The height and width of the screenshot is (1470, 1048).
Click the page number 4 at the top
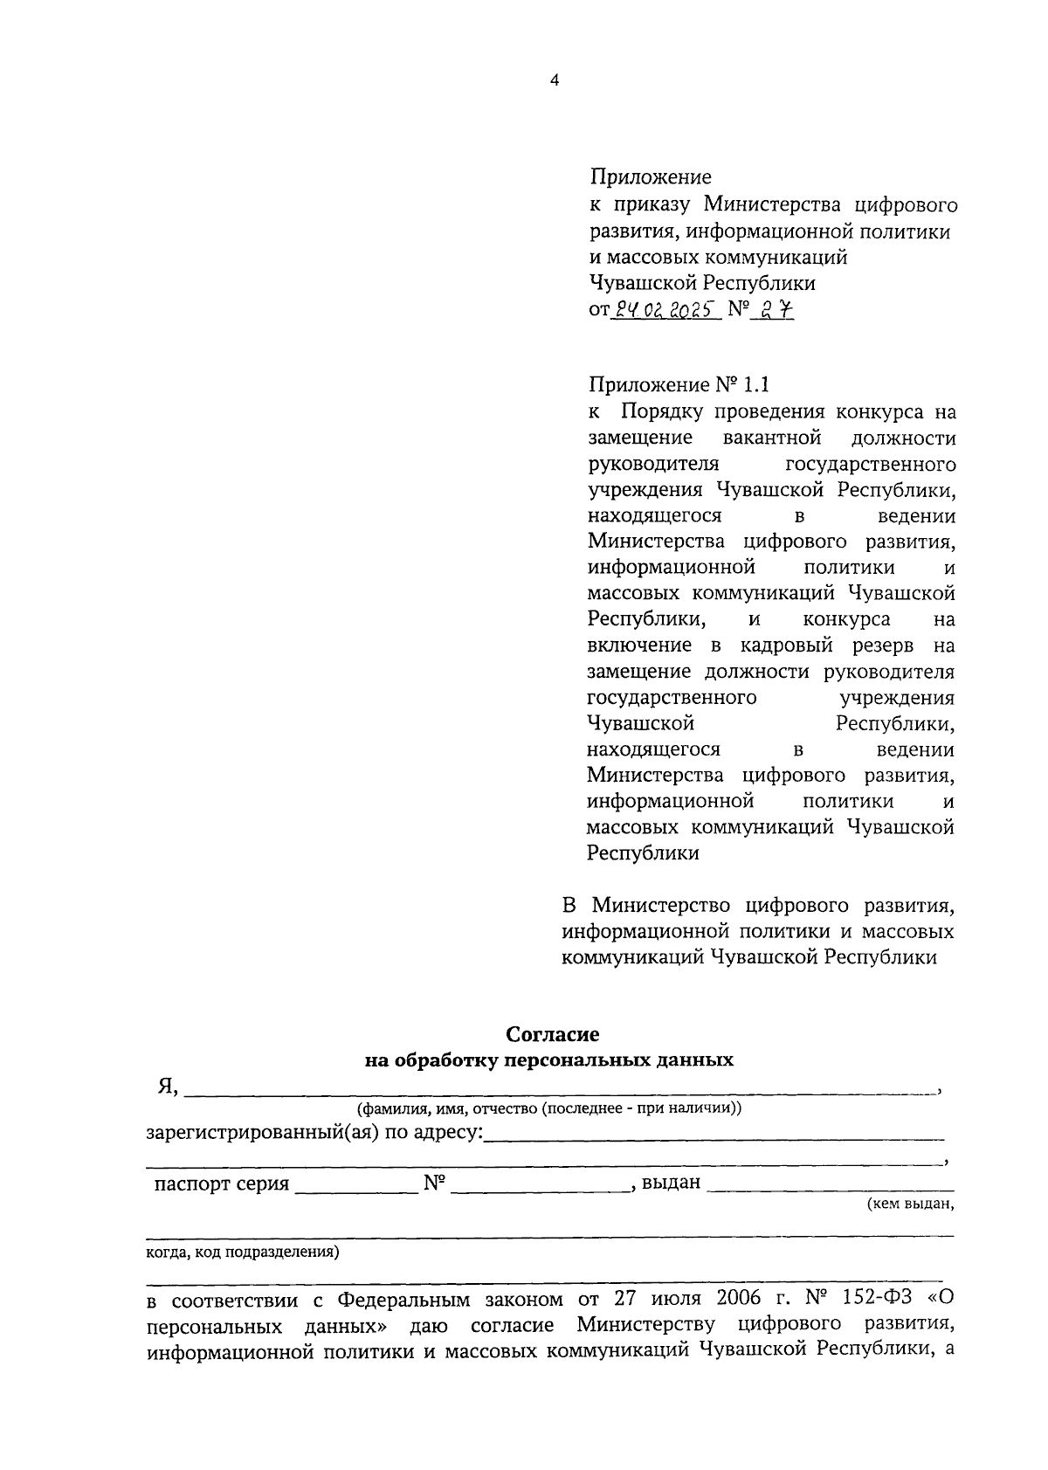click(554, 80)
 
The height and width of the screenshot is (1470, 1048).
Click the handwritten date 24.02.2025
click(666, 308)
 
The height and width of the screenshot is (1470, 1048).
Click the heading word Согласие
click(553, 1034)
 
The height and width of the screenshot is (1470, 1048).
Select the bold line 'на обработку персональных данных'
click(549, 1060)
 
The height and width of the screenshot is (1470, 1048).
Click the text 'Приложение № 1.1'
click(679, 385)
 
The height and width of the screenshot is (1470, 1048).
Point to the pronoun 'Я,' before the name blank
click(168, 1086)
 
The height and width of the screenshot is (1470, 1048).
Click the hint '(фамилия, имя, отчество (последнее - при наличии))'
click(549, 1108)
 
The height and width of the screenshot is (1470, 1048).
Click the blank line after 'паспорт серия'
click(356, 1185)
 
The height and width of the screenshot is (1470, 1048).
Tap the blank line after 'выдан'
click(830, 1185)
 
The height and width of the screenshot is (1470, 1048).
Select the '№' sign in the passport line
click(434, 1184)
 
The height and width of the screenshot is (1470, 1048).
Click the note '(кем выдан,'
click(909, 1204)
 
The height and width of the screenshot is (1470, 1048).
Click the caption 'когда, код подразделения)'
click(242, 1252)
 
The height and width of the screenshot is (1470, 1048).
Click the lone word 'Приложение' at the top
click(651, 178)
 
